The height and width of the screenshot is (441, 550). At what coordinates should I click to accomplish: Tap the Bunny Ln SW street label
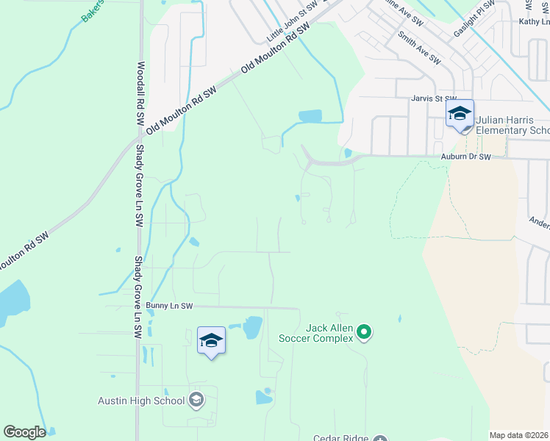pos(169,306)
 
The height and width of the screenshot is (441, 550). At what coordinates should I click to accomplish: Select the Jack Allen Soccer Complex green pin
pos(363,334)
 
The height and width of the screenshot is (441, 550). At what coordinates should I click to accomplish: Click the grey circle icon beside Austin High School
pos(196,400)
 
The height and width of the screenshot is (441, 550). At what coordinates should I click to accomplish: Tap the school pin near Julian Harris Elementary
pos(460,114)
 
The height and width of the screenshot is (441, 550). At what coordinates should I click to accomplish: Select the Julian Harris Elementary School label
pos(512,125)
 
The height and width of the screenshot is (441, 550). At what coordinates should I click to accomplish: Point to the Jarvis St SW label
pos(434,98)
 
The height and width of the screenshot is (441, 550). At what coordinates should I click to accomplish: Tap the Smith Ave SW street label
pos(418,46)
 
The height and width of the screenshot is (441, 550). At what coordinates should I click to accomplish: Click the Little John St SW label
pos(293,22)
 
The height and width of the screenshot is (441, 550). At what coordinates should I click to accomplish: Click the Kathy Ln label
pos(534,23)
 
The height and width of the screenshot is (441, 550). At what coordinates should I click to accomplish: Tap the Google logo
pos(24,432)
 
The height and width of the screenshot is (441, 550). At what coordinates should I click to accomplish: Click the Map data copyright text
pos(519,435)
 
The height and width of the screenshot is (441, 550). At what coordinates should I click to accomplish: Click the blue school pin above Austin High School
pos(211,340)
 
